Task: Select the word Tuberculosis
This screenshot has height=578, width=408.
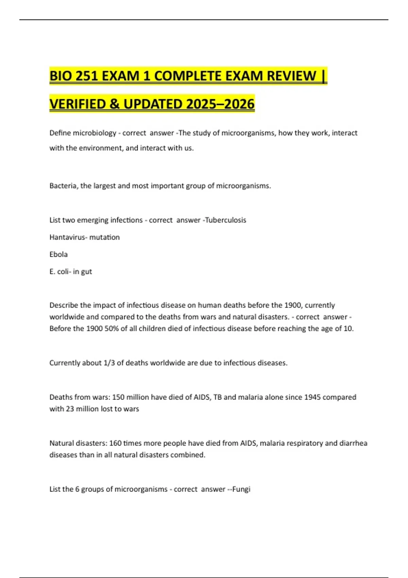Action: (226, 220)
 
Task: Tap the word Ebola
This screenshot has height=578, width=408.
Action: (58, 254)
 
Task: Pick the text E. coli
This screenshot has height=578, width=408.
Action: (58, 271)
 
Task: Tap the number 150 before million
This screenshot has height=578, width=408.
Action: (118, 397)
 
